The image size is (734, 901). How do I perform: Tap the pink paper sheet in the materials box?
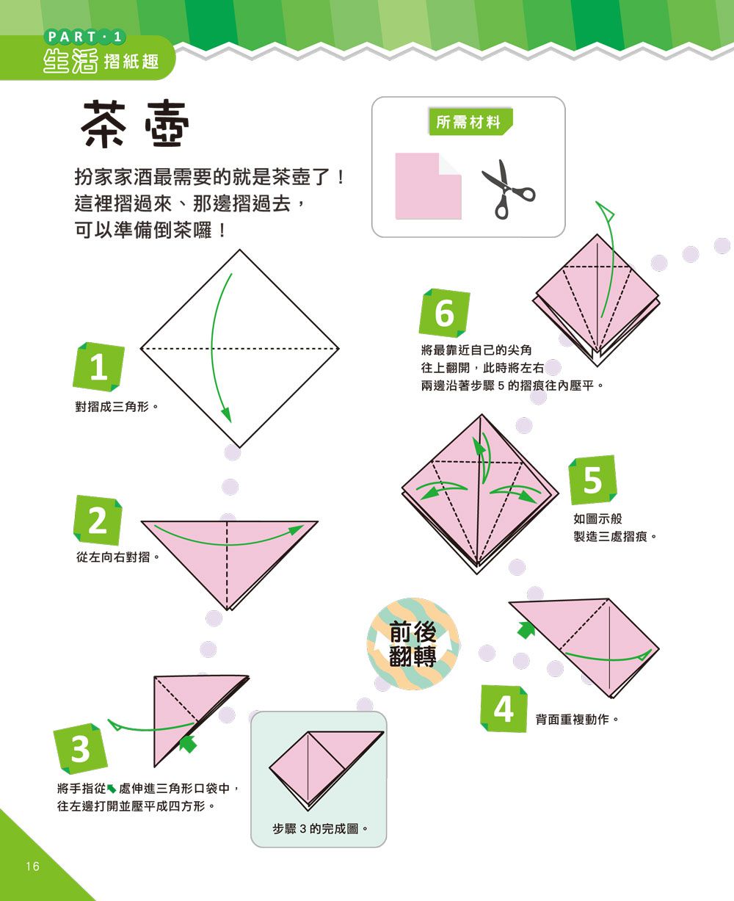428,186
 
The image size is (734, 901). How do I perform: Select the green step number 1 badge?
98,367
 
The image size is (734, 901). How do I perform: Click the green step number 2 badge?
98,521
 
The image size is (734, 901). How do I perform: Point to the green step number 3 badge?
80,749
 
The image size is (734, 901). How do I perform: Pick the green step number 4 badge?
504,709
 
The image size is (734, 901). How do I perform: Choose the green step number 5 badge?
592,480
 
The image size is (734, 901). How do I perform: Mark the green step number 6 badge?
444,314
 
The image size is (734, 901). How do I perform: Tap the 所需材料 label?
468,123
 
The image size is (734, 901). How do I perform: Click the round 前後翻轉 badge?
413,644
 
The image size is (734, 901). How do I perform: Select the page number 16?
32,866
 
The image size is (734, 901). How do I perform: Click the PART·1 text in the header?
85,36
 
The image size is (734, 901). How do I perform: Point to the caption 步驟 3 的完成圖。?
319,829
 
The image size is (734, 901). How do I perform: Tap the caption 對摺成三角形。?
117,405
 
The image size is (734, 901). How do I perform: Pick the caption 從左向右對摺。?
118,557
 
